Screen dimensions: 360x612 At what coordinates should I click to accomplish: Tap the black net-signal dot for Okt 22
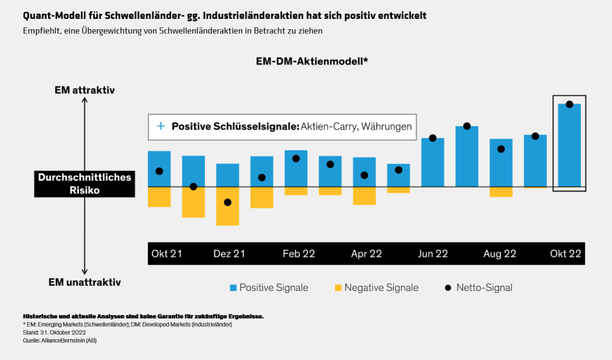(x=569, y=104)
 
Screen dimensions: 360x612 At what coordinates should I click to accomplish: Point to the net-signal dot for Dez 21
(x=227, y=202)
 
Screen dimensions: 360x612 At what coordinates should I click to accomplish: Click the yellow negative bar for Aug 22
(x=501, y=191)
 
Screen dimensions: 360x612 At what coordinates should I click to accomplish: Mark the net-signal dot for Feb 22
(x=296, y=158)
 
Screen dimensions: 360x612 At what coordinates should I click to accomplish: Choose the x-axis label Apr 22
(x=367, y=254)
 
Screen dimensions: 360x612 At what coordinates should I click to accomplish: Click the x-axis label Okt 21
(x=167, y=254)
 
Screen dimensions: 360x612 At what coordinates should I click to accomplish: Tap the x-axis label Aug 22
(x=500, y=254)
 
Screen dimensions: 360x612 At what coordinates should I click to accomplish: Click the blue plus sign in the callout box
(x=160, y=126)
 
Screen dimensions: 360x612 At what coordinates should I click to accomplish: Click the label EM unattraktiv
(x=85, y=283)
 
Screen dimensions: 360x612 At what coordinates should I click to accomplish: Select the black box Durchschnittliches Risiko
(x=85, y=184)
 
